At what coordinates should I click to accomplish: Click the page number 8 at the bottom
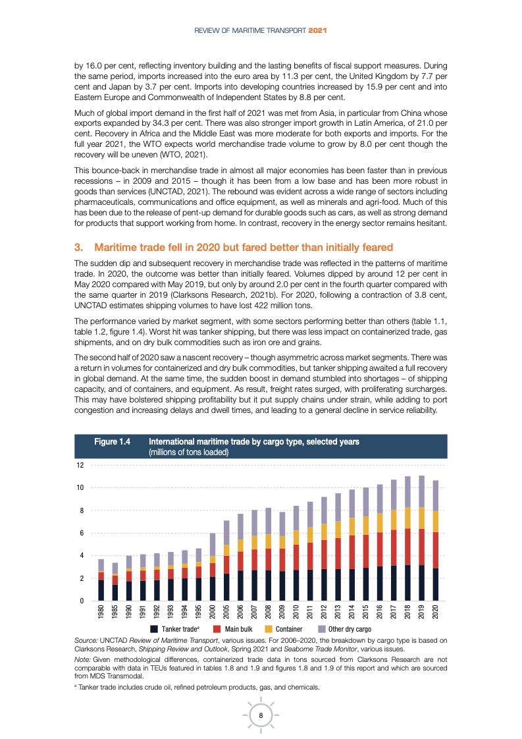pos(261,716)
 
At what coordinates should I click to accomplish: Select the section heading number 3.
pos(78,248)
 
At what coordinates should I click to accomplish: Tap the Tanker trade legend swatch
pos(153,629)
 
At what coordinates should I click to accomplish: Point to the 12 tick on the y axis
pos(80,465)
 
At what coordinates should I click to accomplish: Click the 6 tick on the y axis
pos(81,533)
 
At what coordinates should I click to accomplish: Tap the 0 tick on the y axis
pos(81,601)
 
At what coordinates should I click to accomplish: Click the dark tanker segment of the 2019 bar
pos(421,583)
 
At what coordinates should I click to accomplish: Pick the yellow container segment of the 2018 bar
pos(407,518)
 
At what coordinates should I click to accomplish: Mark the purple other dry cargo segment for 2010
pos(296,518)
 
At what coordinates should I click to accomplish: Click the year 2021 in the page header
pos(319,30)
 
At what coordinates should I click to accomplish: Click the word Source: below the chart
pos(87,640)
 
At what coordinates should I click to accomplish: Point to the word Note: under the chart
pos(84,661)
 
